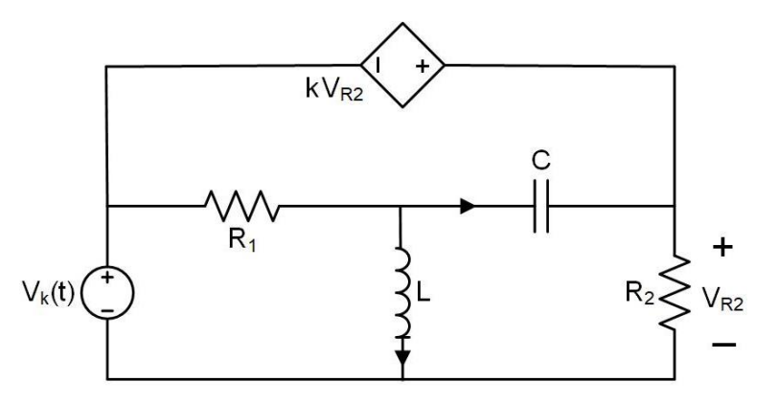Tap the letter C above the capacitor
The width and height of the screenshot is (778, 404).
pos(541,162)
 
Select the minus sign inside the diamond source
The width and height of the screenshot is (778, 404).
pos(379,66)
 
